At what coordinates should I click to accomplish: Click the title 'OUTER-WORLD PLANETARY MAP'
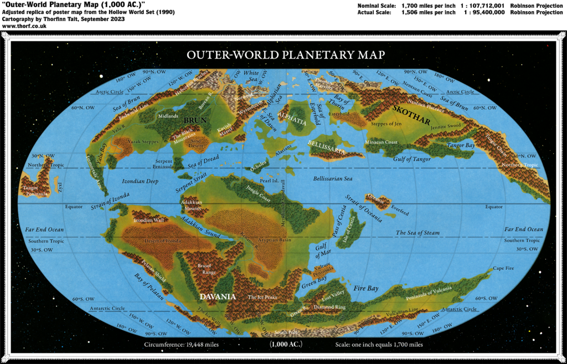pyautogui.click(x=286, y=55)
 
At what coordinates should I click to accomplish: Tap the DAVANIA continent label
pyautogui.click(x=218, y=296)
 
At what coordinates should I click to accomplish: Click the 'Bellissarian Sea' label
pyautogui.click(x=332, y=180)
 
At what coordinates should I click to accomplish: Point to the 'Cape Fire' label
pyautogui.click(x=503, y=268)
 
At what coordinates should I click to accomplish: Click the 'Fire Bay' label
pyautogui.click(x=366, y=289)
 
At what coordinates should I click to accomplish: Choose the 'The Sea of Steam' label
pyautogui.click(x=417, y=233)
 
